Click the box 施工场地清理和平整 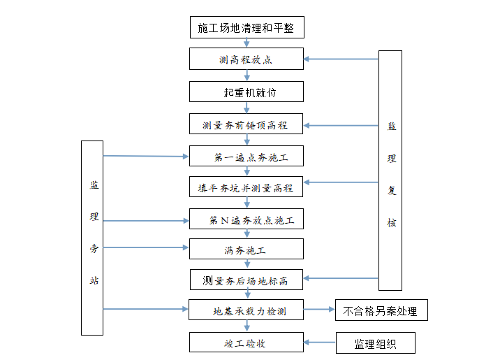pyautogui.click(x=247, y=28)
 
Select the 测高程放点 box pyautogui.click(x=247, y=59)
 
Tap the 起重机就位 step pyautogui.click(x=247, y=92)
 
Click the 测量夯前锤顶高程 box pyautogui.click(x=247, y=125)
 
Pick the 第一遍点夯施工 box pyautogui.click(x=247, y=157)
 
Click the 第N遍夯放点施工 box pyautogui.click(x=247, y=220)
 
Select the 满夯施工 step pyautogui.click(x=247, y=249)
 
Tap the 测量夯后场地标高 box pyautogui.click(x=247, y=280)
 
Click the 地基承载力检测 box pyautogui.click(x=247, y=310)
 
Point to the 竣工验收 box pyautogui.click(x=247, y=343)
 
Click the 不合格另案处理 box pyautogui.click(x=381, y=310)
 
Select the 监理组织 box pyautogui.click(x=376, y=343)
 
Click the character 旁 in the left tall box pyautogui.click(x=94, y=248)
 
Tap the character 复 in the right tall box pyautogui.click(x=391, y=190)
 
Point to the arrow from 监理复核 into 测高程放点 pyautogui.click(x=341, y=59)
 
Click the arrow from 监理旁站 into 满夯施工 pyautogui.click(x=146, y=247)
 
